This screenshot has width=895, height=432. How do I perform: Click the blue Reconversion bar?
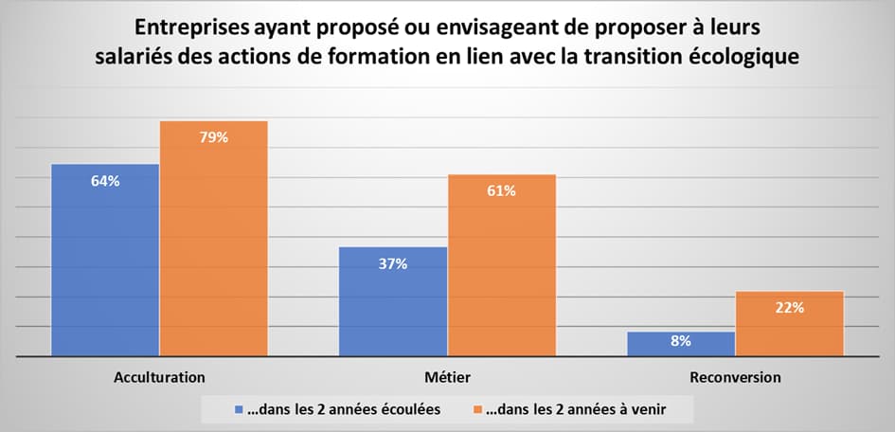(x=681, y=345)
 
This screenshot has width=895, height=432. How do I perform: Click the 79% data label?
(x=213, y=138)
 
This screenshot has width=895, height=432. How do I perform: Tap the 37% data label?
(x=393, y=264)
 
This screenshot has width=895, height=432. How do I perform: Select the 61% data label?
(x=501, y=191)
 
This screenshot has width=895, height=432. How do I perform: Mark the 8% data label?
(x=681, y=340)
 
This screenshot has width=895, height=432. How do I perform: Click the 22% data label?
(x=789, y=307)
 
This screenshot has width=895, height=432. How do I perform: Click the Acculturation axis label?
(x=159, y=377)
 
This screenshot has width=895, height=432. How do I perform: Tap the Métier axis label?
(x=448, y=377)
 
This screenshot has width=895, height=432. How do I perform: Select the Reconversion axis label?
(x=736, y=377)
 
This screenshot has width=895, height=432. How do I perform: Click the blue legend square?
(x=239, y=409)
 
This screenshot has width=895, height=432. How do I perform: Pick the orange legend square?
(x=476, y=409)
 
